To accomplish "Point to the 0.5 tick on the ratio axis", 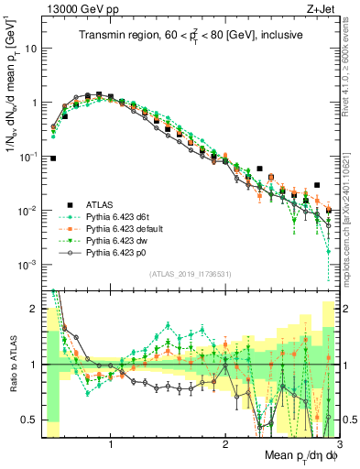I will click(29, 420).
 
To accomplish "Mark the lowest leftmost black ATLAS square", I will click(53, 158).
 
